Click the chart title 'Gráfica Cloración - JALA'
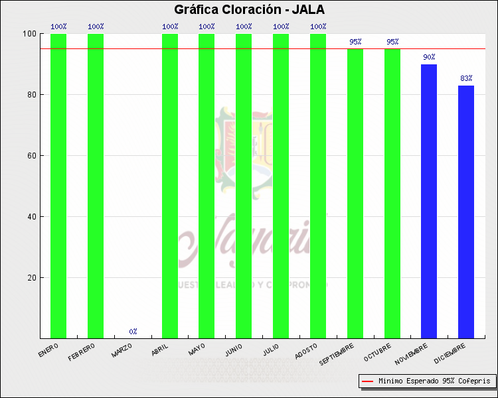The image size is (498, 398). pos(249,10)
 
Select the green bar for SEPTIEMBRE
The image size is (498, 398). pos(355,192)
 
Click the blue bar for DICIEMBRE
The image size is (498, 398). pos(466,212)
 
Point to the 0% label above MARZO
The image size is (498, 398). pos(133,331)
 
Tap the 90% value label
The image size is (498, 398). pos(429,57)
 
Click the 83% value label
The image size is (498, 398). pos(466,78)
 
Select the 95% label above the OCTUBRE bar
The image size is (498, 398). pos(392,42)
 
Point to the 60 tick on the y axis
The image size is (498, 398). pos(31,156)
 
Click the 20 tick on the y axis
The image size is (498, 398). pos(31,278)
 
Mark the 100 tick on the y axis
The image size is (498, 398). pos(29,34)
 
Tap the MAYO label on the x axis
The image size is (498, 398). pos(197,349)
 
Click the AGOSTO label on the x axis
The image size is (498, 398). pos(305,351)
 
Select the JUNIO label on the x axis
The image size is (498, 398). pos(234,350)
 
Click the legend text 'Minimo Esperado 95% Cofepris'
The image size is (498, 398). pos(434,381)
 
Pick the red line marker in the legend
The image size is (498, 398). pos(367,381)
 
